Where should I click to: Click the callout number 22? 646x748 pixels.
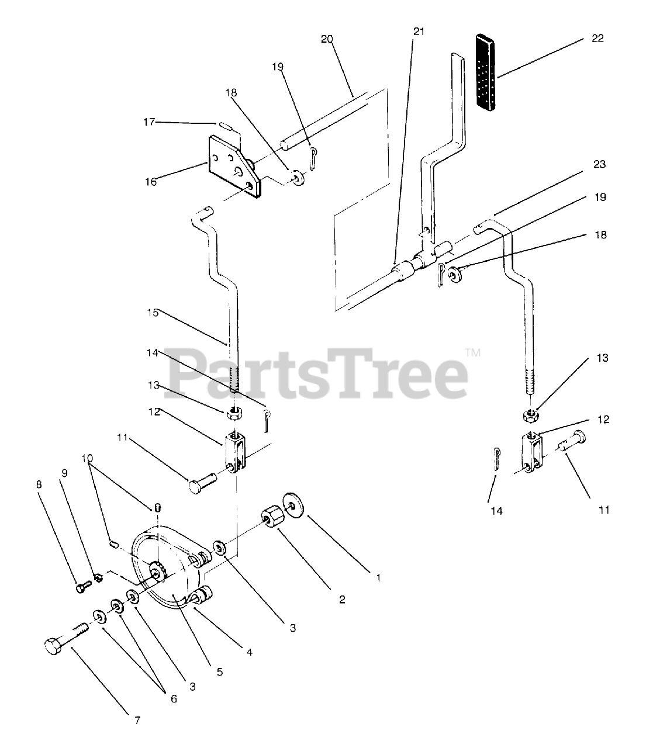[x=597, y=39]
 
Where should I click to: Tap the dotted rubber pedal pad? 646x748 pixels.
[x=486, y=72]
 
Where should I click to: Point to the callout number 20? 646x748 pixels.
[x=327, y=39]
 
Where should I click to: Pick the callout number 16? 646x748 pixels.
[x=151, y=182]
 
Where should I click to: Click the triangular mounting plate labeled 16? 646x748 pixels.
[x=234, y=166]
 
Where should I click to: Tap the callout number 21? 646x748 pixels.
[x=419, y=32]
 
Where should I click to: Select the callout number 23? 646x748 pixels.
[x=599, y=164]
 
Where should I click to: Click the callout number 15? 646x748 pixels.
[x=153, y=313]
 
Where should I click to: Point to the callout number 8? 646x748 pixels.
[x=39, y=484]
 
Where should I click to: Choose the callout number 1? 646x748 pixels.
[x=378, y=578]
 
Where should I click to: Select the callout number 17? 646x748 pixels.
[x=149, y=122]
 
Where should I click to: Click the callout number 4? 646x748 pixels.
[x=249, y=653]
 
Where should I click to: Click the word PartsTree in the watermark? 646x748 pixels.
[x=316, y=373]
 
